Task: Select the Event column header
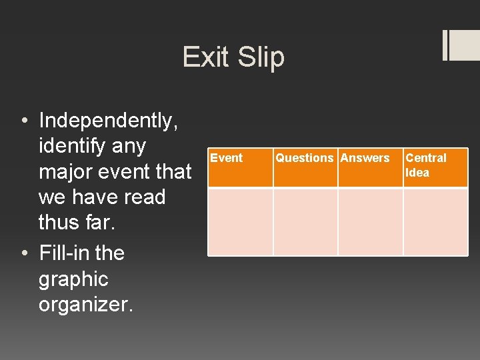pos(227,158)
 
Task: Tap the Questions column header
pos(305,158)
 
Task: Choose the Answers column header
pos(365,158)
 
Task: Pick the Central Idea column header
pos(426,165)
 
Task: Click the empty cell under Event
pos(240,221)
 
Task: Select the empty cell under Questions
pos(305,221)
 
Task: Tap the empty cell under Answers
pos(370,221)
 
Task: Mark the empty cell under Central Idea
pos(435,221)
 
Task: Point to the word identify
pos(73,146)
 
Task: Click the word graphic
pos(73,279)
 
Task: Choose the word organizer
pos(86,305)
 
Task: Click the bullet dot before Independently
pos(24,121)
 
